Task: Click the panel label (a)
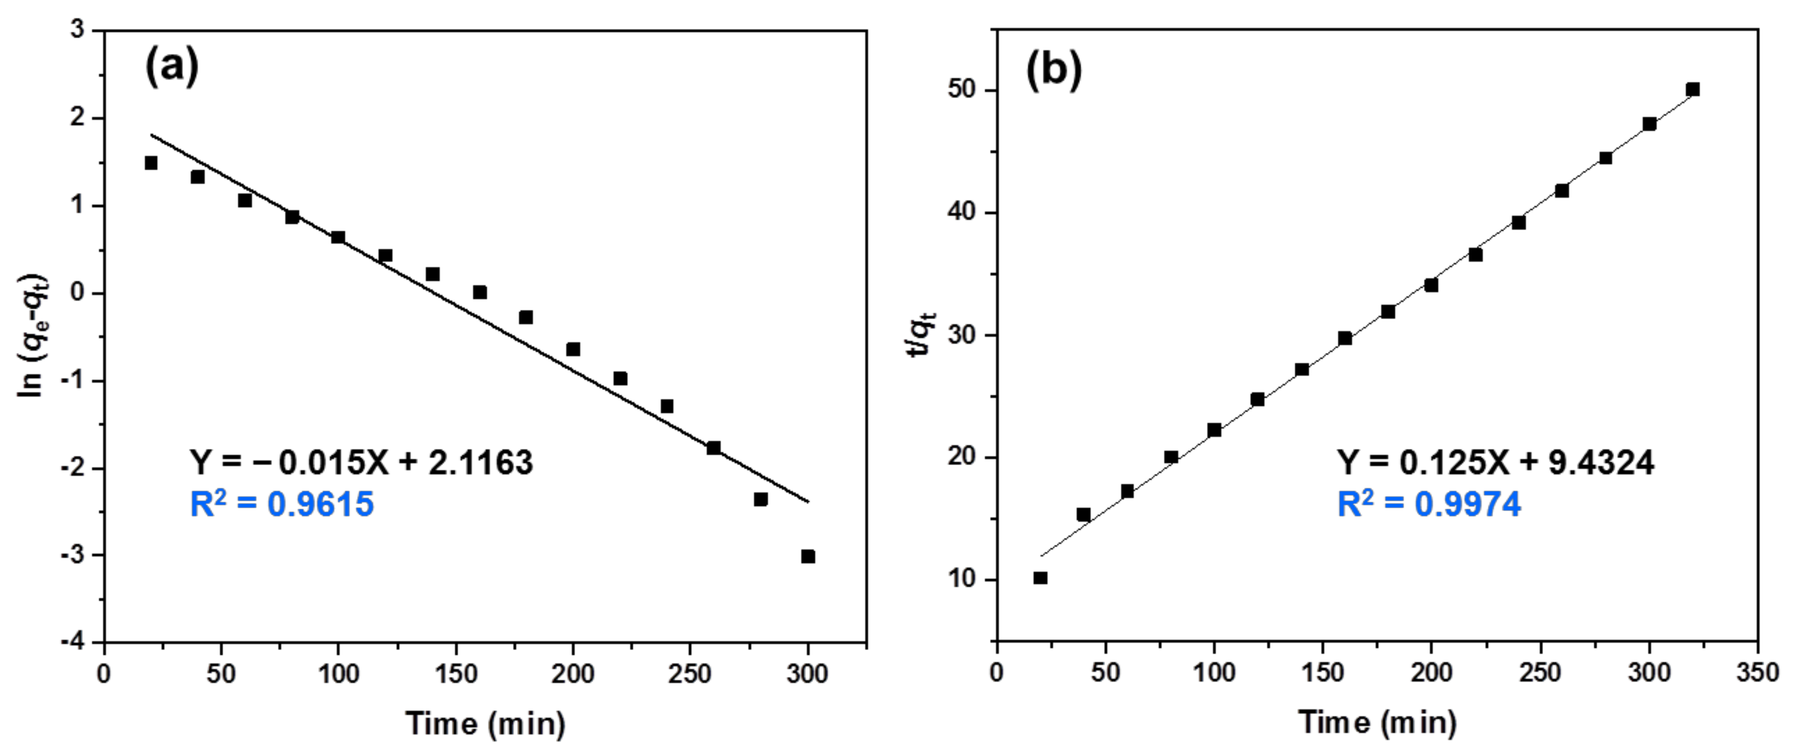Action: pyautogui.click(x=172, y=68)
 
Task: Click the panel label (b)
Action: pyautogui.click(x=1054, y=70)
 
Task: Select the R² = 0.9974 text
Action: pyautogui.click(x=1429, y=504)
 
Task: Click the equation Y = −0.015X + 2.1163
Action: pyautogui.click(x=361, y=463)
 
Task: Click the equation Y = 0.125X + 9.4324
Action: pyautogui.click(x=1496, y=463)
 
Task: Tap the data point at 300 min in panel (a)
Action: pyautogui.click(x=808, y=556)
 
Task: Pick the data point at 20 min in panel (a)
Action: pyautogui.click(x=151, y=163)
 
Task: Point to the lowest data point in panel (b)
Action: pyautogui.click(x=1040, y=578)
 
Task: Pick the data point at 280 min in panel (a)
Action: pyautogui.click(x=760, y=499)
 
